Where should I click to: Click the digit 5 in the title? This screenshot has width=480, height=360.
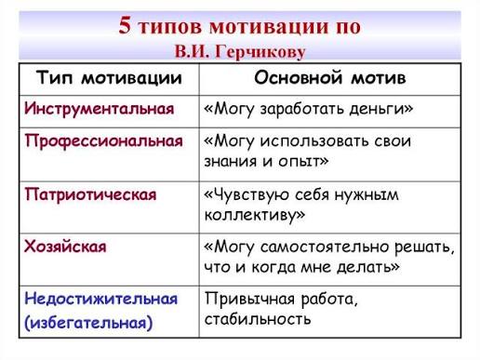pos(125,25)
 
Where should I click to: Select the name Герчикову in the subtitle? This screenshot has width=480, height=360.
pos(260,52)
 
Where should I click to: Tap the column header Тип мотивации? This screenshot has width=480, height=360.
pos(109,77)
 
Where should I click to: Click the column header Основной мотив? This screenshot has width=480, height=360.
pos(330,77)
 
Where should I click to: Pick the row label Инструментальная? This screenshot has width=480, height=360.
pos(100,109)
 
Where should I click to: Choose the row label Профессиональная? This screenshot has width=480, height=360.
pos(104,141)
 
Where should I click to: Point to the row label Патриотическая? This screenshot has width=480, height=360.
pos(91,194)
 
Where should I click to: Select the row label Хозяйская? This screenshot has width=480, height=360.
pos(65,247)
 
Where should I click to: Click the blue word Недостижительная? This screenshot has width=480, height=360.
pos(101,300)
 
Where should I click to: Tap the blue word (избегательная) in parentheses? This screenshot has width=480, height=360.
pos(88,323)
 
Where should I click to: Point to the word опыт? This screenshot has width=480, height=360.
pos(303,162)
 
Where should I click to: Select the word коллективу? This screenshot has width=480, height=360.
pos(255,215)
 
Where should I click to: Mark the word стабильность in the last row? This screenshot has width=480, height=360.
pos(258,319)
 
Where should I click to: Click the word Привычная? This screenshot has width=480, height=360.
pos(249,300)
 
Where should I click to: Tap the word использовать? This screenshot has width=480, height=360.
pos(314,141)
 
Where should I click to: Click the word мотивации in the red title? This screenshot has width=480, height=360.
pos(269,27)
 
